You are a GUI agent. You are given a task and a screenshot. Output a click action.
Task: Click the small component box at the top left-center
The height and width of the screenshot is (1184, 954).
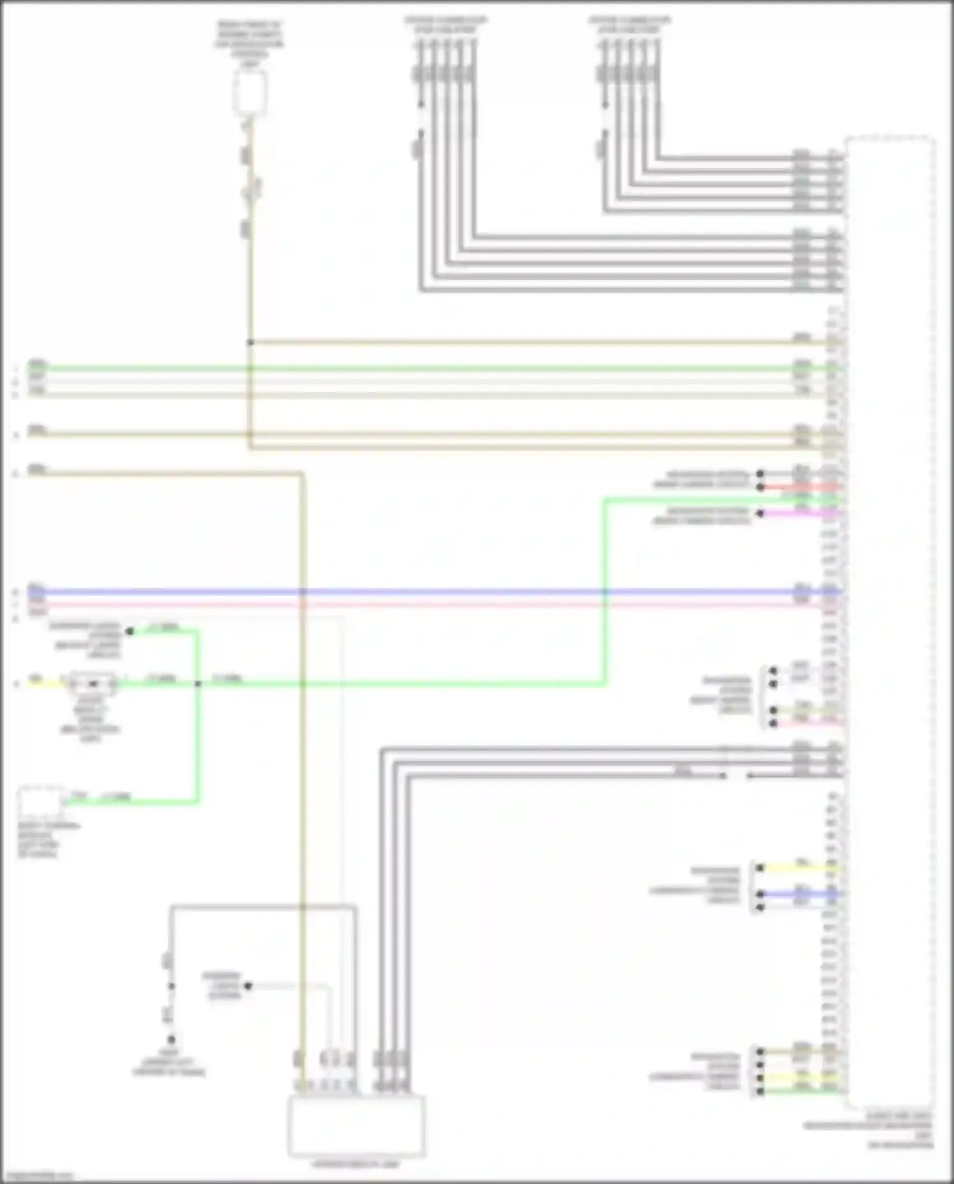click(249, 93)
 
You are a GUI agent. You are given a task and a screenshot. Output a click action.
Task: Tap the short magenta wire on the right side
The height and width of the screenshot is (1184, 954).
click(802, 513)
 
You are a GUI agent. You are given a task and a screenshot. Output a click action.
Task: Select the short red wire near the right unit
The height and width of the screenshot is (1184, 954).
click(802, 487)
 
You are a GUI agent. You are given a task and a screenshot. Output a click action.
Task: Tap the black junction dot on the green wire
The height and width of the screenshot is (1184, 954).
click(198, 684)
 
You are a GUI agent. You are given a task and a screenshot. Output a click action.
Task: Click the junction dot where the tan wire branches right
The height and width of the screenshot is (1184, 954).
click(250, 342)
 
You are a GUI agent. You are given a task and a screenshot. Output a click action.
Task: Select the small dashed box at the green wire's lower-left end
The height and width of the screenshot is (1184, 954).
click(41, 803)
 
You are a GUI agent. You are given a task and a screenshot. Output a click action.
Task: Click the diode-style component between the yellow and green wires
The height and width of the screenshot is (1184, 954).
click(94, 684)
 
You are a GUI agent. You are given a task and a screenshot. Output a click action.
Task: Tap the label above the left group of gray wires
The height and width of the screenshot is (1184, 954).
click(445, 25)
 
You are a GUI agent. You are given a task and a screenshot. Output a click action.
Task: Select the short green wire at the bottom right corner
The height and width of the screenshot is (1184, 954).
click(802, 1092)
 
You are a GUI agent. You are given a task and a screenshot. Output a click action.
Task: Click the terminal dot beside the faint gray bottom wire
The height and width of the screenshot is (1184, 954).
click(248, 986)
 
